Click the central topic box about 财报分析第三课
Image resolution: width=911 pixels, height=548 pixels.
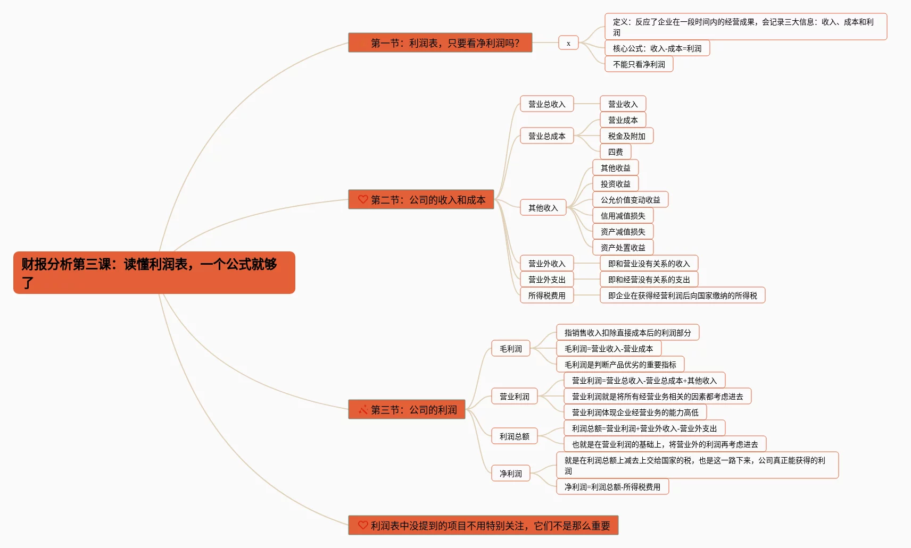click(x=154, y=273)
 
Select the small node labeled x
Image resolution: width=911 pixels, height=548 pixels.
click(x=568, y=43)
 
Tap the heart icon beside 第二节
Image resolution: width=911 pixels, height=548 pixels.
click(x=363, y=199)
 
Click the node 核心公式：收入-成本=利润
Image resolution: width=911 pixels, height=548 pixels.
click(x=657, y=48)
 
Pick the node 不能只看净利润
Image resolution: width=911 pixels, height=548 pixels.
click(x=639, y=64)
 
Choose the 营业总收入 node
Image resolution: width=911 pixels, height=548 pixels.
click(x=546, y=104)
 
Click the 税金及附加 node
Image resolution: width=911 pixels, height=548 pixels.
click(x=626, y=136)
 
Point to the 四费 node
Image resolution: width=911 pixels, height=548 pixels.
click(x=615, y=152)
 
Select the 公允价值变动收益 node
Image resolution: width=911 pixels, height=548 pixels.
click(x=630, y=200)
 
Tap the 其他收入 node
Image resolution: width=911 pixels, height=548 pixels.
click(x=543, y=208)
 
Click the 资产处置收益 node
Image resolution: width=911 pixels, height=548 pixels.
click(x=623, y=248)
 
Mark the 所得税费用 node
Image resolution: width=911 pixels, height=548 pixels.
click(x=546, y=296)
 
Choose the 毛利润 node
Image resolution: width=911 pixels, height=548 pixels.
click(x=510, y=349)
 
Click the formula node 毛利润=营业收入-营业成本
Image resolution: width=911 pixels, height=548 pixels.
click(x=608, y=349)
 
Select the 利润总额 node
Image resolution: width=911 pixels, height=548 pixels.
click(x=514, y=436)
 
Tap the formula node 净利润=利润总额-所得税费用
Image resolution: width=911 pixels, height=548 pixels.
click(x=612, y=487)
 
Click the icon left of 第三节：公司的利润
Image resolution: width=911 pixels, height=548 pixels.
click(x=363, y=410)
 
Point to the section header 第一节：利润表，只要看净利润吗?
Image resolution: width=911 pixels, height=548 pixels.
click(x=440, y=43)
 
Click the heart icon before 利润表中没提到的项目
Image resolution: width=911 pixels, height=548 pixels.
click(x=363, y=525)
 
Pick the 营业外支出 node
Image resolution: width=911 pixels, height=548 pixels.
click(x=546, y=280)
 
